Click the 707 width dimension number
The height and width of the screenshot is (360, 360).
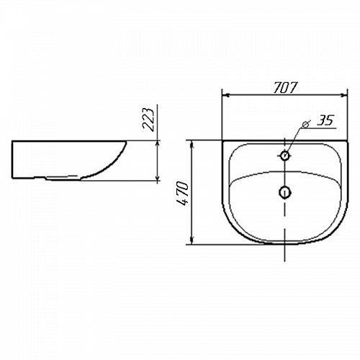[286, 88]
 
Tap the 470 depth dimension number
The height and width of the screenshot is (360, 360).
[182, 194]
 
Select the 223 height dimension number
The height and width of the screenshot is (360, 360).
[148, 120]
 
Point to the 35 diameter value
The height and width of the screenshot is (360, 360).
[325, 120]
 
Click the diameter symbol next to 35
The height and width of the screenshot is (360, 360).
[306, 124]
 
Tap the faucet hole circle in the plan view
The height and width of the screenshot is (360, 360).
[284, 156]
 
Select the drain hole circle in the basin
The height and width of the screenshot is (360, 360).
[284, 192]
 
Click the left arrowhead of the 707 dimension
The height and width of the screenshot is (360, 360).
[226, 96]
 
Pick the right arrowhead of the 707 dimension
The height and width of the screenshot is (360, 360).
[343, 96]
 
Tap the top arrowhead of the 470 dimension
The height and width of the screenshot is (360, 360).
[192, 144]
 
